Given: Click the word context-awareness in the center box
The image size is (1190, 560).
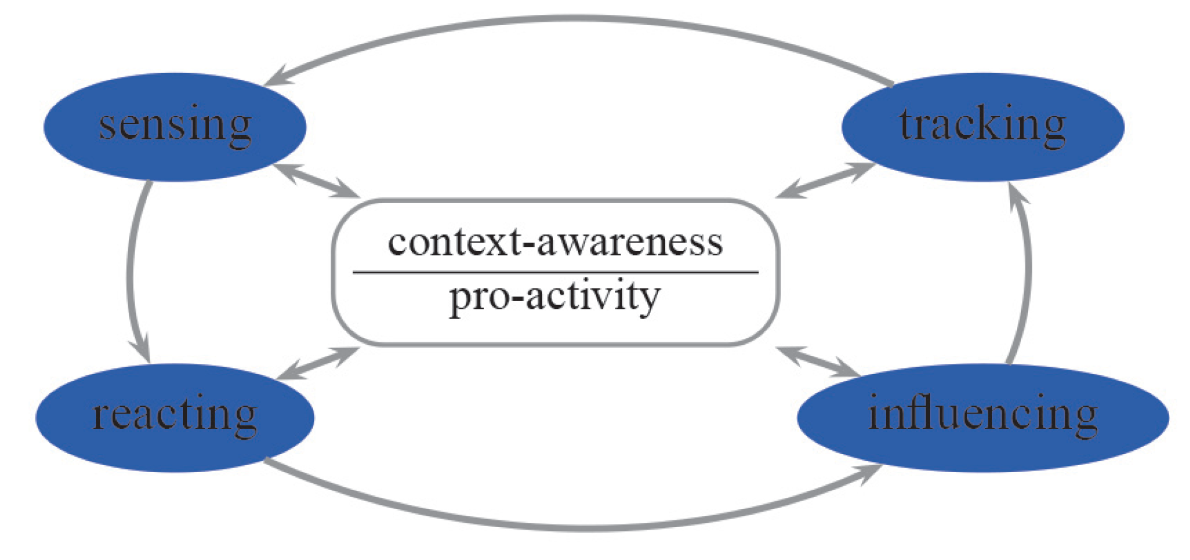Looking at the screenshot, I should pyautogui.click(x=555, y=242).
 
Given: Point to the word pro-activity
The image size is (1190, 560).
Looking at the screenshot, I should pyautogui.click(x=554, y=296).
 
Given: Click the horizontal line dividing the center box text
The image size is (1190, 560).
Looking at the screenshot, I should pyautogui.click(x=555, y=272).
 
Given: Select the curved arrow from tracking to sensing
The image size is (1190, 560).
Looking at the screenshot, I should pyautogui.click(x=584, y=20).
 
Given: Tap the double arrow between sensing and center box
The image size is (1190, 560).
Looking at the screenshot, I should pyautogui.click(x=317, y=180).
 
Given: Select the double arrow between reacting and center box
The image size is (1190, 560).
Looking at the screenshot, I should pyautogui.click(x=318, y=363).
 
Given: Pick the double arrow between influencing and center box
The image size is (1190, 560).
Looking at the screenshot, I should pyautogui.click(x=818, y=362).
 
